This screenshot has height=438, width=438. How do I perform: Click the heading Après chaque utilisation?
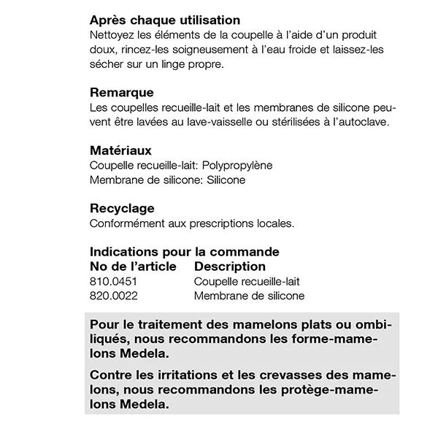tap(165, 20)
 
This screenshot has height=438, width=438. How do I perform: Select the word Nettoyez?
tap(112, 35)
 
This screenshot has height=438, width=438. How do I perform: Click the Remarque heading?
tap(122, 93)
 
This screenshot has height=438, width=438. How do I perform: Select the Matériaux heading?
tap(121, 150)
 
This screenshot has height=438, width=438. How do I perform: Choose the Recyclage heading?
tap(122, 209)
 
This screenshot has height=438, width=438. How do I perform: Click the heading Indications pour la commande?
tap(185, 252)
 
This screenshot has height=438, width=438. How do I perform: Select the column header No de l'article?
tap(133, 266)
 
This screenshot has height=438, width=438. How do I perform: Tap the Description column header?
tap(230, 266)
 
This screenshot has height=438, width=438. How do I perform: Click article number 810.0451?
tap(114, 281)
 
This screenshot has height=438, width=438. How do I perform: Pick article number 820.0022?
tap(114, 296)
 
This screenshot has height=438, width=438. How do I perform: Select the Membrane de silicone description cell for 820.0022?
tap(249, 296)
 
